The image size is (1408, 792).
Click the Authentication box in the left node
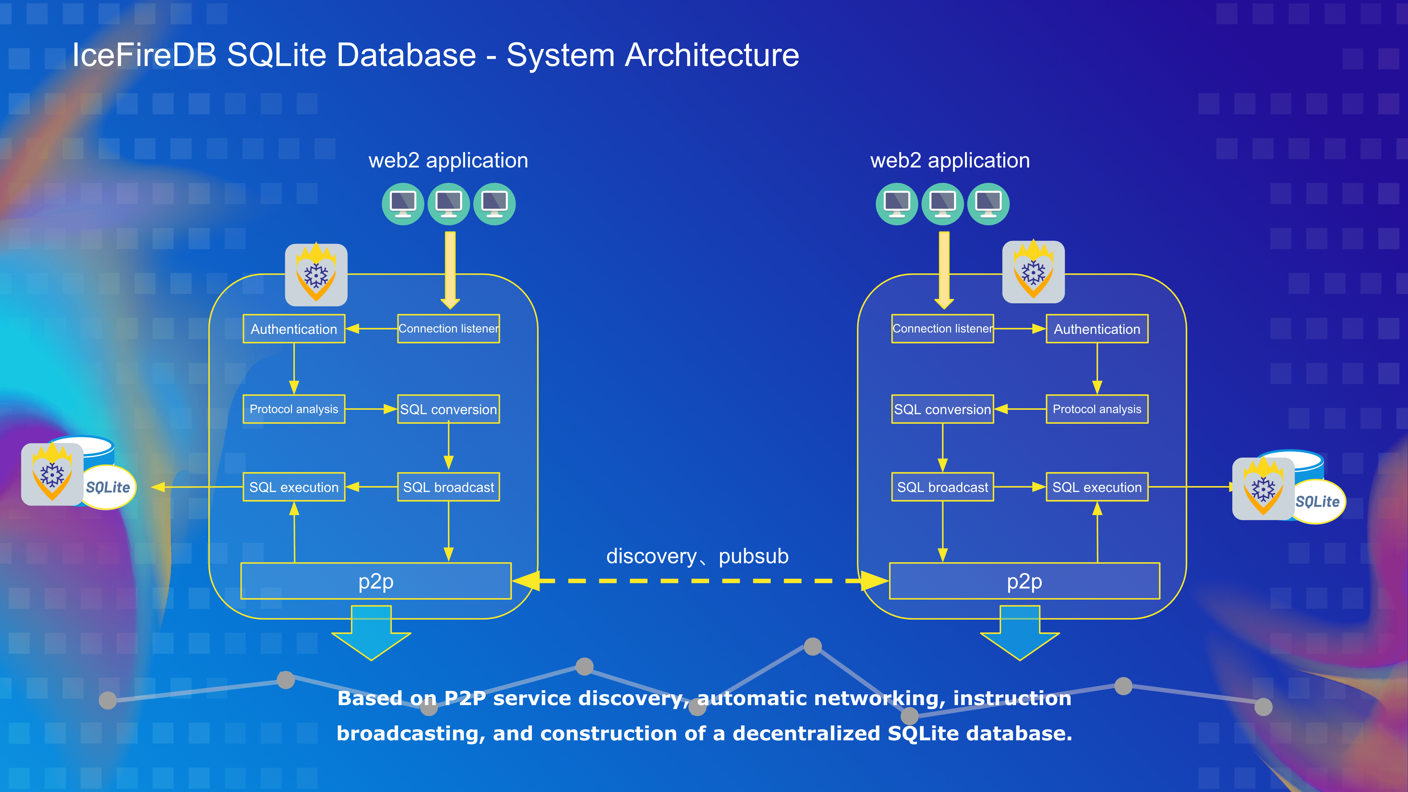294,329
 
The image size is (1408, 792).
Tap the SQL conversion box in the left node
448,409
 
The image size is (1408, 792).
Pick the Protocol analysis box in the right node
1097,409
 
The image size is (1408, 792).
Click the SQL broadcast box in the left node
448,487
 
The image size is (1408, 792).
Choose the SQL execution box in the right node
1097,487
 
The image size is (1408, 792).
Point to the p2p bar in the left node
376,581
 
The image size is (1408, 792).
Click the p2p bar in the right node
1024,581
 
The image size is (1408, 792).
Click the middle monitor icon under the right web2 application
942,204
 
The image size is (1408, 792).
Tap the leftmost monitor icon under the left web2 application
403,204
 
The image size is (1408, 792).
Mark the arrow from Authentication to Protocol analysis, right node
1097,369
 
